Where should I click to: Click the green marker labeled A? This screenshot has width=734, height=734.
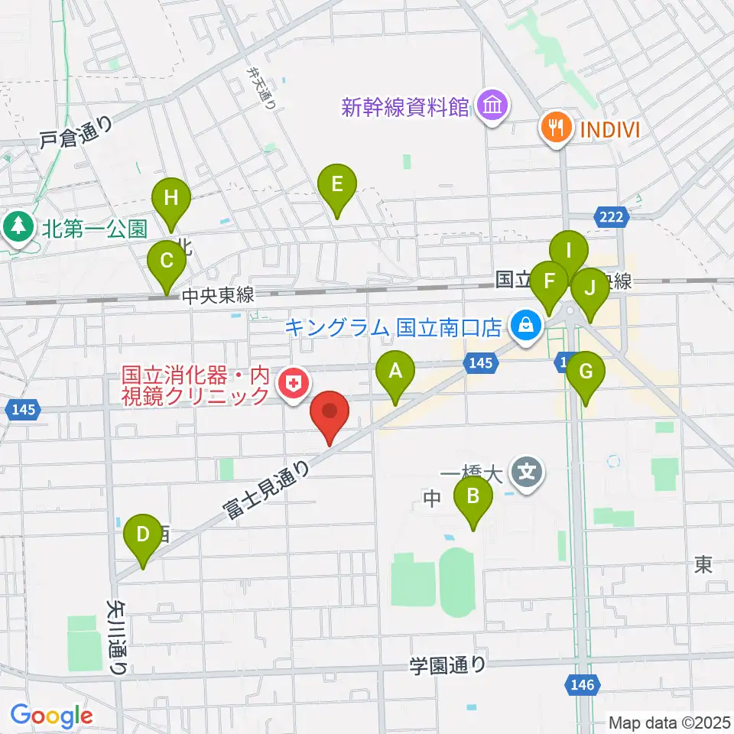[395, 374]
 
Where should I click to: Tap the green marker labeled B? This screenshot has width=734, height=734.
[473, 498]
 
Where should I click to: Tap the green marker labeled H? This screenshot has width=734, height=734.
[171, 200]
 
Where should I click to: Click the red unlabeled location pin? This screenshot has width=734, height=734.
[330, 413]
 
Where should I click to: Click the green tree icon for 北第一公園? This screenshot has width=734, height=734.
[18, 226]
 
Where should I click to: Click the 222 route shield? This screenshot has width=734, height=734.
[612, 218]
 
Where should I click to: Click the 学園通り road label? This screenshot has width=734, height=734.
[447, 664]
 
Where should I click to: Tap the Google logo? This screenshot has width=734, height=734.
[51, 716]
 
